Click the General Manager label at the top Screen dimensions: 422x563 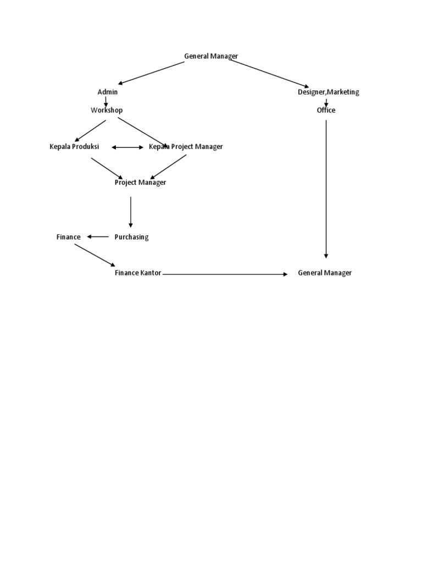(x=211, y=56)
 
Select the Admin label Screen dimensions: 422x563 (x=108, y=92)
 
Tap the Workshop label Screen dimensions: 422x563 (x=107, y=110)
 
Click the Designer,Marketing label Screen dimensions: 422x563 (x=329, y=92)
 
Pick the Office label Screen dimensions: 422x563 (x=326, y=110)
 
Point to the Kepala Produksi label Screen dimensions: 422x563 (x=74, y=146)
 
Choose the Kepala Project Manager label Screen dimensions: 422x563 (x=186, y=146)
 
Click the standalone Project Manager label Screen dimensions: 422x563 (x=140, y=182)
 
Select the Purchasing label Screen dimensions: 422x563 (x=131, y=237)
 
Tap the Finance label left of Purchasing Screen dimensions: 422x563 (x=69, y=237)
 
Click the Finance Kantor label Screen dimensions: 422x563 (x=138, y=273)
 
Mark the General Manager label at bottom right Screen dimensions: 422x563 (x=325, y=273)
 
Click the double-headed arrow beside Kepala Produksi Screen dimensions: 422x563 (x=127, y=147)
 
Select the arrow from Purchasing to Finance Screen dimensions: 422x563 (x=98, y=237)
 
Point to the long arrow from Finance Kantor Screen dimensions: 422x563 (x=225, y=274)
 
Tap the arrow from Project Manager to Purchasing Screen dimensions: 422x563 (x=131, y=212)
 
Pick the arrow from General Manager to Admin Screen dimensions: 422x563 (x=152, y=73)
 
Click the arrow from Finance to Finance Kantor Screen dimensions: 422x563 (x=95, y=255)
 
